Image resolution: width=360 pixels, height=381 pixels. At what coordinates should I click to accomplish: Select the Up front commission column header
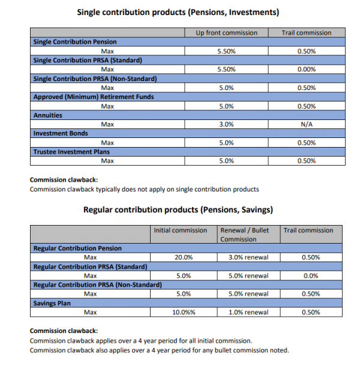[226, 32]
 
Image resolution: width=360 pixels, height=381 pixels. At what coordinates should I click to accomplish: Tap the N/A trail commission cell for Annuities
[306, 124]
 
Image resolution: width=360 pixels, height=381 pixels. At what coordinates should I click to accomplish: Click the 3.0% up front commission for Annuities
[226, 124]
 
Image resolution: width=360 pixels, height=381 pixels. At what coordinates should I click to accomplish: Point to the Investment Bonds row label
[61, 133]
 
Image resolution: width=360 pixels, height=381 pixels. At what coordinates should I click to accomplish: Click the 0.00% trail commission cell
[306, 69]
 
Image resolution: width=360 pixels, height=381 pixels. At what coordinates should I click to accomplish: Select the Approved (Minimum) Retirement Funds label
[93, 97]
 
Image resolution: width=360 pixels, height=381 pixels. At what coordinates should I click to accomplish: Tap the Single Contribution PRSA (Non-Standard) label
[95, 79]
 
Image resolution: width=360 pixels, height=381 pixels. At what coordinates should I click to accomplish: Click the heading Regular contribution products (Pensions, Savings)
[178, 210]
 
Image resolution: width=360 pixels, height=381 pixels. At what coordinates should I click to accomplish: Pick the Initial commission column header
[181, 230]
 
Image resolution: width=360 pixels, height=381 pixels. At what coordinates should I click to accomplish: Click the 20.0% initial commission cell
[183, 257]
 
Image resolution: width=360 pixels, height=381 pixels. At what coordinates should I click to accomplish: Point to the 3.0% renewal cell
[248, 257]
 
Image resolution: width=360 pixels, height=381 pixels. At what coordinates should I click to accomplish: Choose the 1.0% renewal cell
[248, 313]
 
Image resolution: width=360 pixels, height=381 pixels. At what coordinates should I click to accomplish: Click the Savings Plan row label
[52, 304]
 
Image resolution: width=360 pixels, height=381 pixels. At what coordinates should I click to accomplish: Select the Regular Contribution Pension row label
[77, 248]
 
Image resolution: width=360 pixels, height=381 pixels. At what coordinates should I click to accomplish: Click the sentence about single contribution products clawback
[144, 190]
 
